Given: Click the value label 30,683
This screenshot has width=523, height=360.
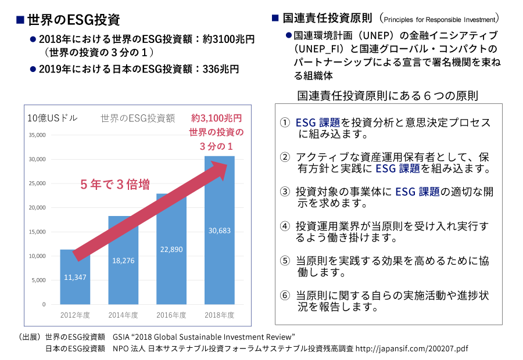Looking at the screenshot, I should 220,231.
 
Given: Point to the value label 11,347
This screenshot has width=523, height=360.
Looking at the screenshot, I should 75,278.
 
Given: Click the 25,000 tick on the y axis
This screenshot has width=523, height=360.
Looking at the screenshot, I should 37,183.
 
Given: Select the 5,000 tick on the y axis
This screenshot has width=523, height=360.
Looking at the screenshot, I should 38,280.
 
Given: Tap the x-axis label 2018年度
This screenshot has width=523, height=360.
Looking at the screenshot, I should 220,315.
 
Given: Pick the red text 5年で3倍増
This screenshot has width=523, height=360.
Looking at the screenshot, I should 115,185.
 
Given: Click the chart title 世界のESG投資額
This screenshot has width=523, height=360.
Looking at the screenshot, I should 138,118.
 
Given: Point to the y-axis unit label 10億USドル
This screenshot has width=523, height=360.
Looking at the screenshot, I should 53,118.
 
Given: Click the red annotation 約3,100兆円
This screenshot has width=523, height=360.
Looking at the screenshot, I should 216,118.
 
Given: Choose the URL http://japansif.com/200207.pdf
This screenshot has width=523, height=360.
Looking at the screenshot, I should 411,349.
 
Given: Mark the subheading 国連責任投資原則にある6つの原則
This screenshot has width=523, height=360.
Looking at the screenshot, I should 388,95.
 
